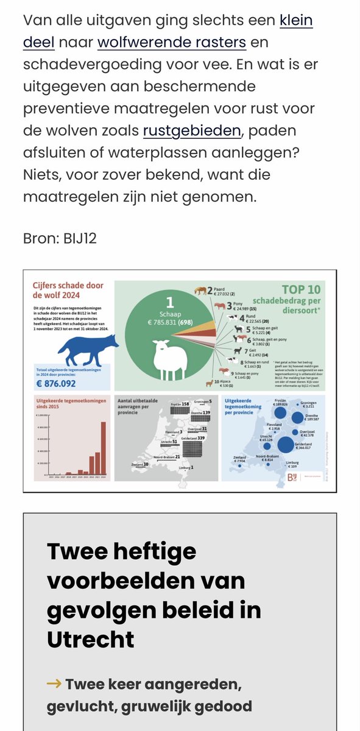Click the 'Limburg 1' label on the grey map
[x=188, y=467]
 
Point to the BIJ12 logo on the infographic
[x=293, y=479]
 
